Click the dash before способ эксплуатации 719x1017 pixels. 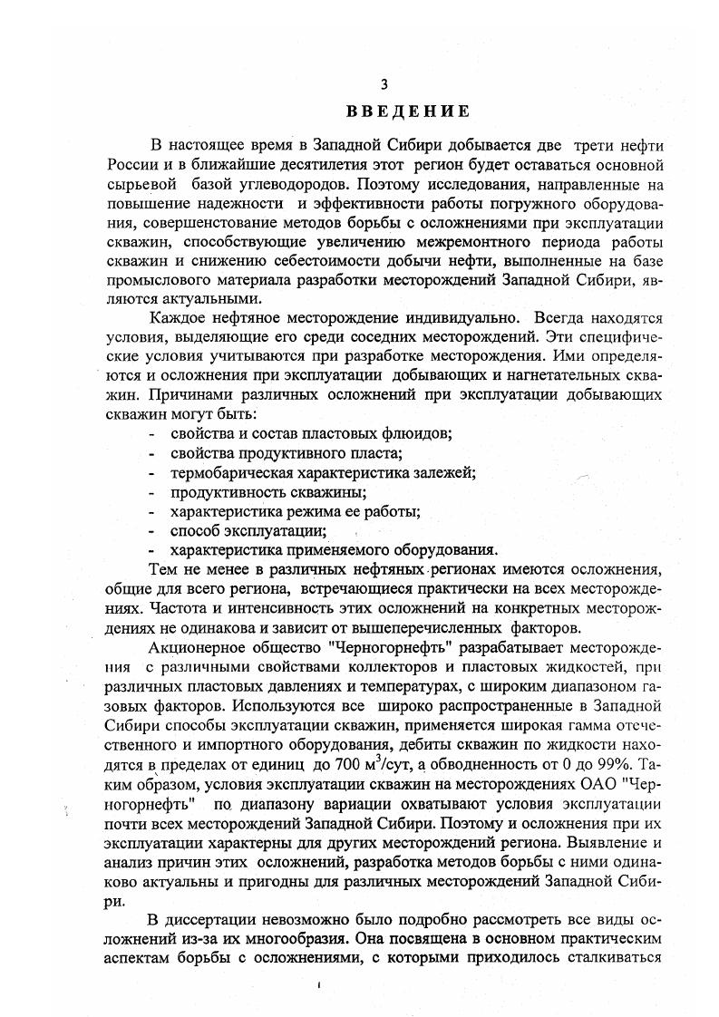[x=151, y=530]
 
